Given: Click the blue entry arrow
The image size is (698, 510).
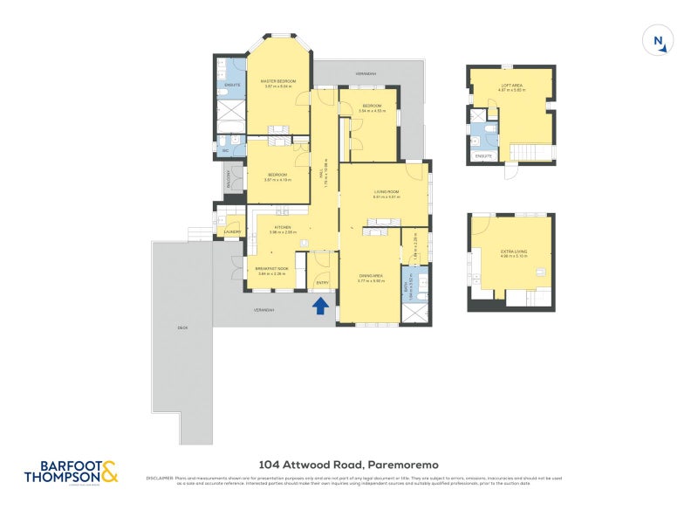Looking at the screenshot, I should click(320, 305).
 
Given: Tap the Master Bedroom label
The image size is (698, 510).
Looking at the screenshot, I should click(279, 81).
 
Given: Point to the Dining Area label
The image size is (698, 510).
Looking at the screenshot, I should click(372, 276).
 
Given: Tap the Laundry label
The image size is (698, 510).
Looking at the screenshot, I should click(232, 231).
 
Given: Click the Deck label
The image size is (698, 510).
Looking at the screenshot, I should click(182, 327).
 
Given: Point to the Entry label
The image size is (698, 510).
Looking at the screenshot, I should click(320, 281).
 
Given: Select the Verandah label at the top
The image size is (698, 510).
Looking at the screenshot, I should click(366, 74).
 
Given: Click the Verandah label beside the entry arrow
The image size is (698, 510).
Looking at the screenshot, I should click(264, 310).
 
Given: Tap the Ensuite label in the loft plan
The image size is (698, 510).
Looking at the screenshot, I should click(483, 156).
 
